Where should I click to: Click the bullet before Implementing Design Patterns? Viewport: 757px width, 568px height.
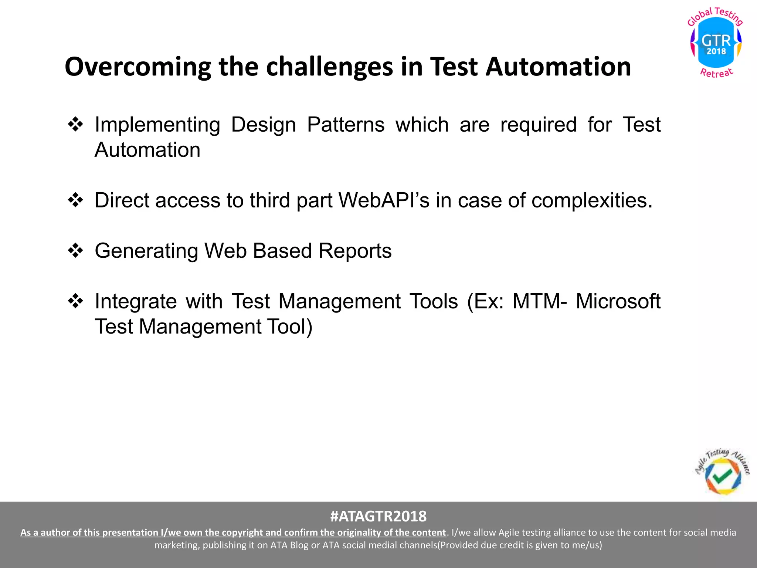75,124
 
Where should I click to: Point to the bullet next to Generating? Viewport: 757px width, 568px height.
75,251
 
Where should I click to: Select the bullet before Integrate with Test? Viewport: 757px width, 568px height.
75,301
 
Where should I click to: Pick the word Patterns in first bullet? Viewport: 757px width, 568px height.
346,125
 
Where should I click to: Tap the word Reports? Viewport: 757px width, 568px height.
355,251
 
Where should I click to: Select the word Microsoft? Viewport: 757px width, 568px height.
618,301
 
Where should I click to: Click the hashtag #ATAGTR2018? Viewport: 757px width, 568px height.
378,516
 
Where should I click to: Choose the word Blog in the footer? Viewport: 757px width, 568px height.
299,545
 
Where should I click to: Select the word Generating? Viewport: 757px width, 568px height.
146,251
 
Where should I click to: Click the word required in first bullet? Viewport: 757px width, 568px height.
538,125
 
